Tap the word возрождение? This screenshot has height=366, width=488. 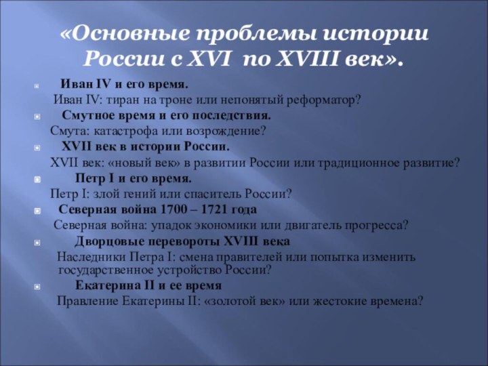pyautogui.click(x=226, y=131)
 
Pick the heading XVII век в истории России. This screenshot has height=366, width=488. pyautogui.click(x=146, y=146)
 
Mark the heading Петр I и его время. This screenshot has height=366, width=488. pyautogui.click(x=134, y=179)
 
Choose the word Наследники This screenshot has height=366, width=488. pyautogui.click(x=89, y=258)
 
